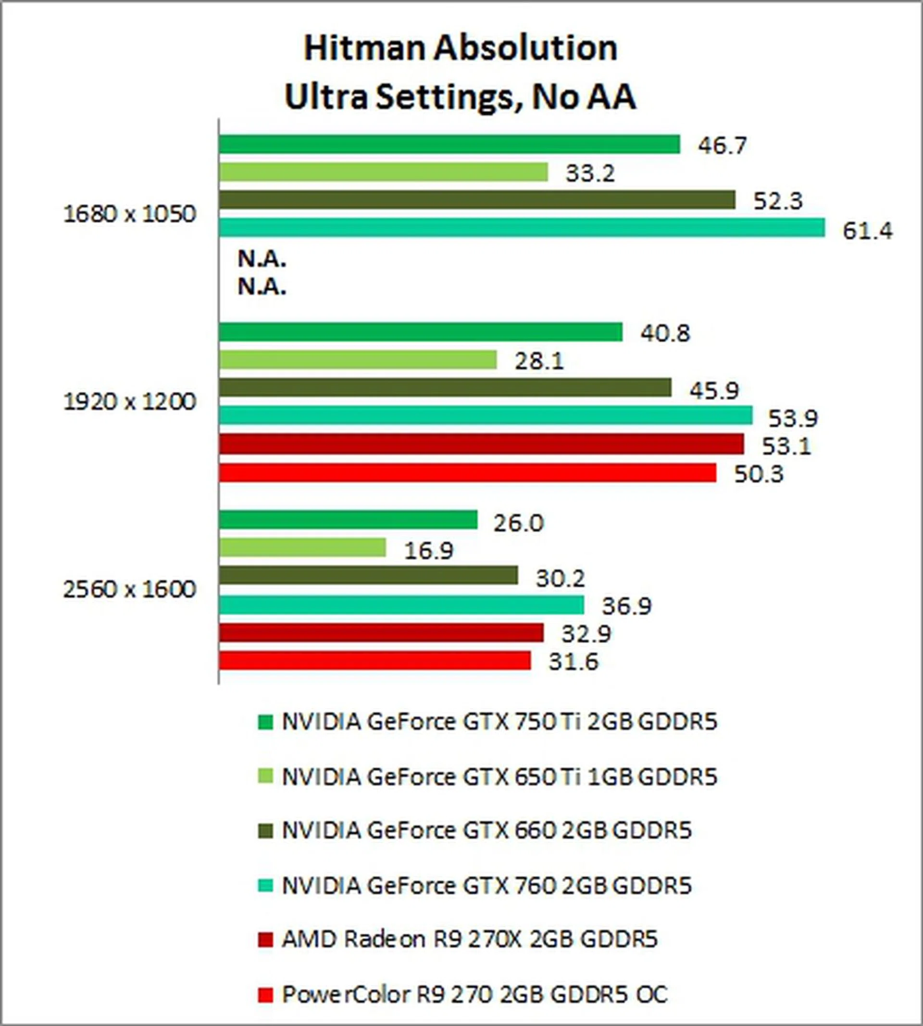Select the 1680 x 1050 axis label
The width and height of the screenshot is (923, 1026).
pos(129,215)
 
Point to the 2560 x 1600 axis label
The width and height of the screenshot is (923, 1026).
pos(129,590)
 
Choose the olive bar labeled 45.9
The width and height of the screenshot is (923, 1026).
pos(445,388)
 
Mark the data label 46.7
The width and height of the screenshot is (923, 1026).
pos(722,146)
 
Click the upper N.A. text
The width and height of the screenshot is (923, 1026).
pos(262,260)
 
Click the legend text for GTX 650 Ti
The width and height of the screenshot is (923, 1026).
pos(499,777)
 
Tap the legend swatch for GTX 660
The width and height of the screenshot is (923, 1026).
pos(265,831)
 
